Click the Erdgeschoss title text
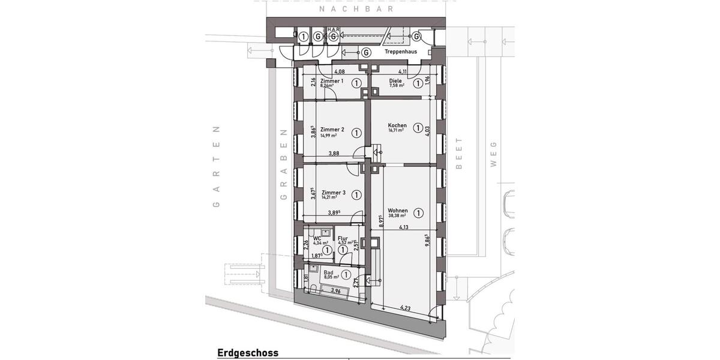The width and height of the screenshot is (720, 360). click(248, 353)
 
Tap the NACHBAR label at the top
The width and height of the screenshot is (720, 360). click(356, 9)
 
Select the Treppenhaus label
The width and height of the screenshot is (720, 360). click(401, 52)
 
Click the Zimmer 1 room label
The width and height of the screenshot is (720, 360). click(332, 81)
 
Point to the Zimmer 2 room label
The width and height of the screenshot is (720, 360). click(332, 130)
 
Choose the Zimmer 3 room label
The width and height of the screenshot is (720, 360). click(333, 193)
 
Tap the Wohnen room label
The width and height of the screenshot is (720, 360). click(397, 211)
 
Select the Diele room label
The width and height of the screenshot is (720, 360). click(395, 81)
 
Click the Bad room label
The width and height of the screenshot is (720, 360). click(328, 272)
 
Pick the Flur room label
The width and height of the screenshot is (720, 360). click(343, 238)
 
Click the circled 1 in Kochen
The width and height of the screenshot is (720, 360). click(418, 127)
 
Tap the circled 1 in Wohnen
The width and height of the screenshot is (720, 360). click(419, 212)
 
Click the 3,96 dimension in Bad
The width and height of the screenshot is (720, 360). click(336, 292)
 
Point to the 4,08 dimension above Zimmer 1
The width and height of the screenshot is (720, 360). click(339, 72)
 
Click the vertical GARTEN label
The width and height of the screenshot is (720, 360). click(217, 167)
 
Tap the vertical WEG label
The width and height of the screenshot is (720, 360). click(494, 155)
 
